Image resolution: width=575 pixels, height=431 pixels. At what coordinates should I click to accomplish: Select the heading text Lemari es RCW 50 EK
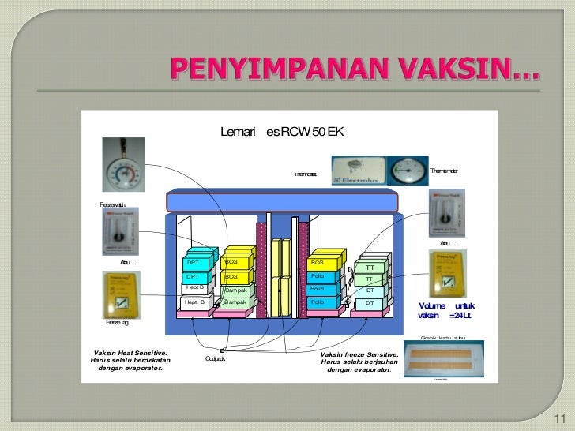pyautogui.click(x=282, y=132)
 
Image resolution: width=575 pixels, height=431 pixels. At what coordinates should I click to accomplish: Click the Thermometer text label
pyautogui.click(x=445, y=171)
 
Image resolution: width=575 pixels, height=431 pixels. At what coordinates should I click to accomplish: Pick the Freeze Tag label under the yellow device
pyautogui.click(x=117, y=323)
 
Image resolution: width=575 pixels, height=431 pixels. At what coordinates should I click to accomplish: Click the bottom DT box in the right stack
pyautogui.click(x=370, y=303)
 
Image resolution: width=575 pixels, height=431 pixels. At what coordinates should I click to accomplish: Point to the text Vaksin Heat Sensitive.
pyautogui.click(x=130, y=354)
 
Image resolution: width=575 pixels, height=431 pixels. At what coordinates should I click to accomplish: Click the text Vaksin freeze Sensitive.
pyautogui.click(x=359, y=354)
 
